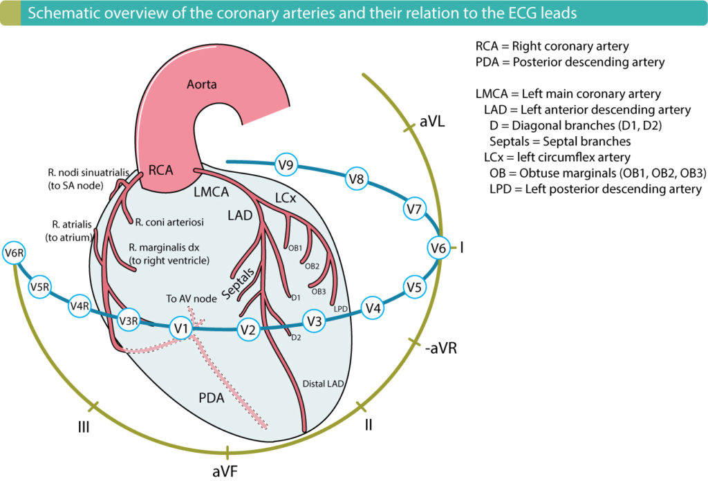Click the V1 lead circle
coord(181,329)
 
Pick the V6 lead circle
coord(438,248)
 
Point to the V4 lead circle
coord(373,308)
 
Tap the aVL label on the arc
coord(432,122)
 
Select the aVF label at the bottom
coord(226,471)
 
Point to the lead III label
coord(83,428)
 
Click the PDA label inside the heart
coord(212,399)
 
